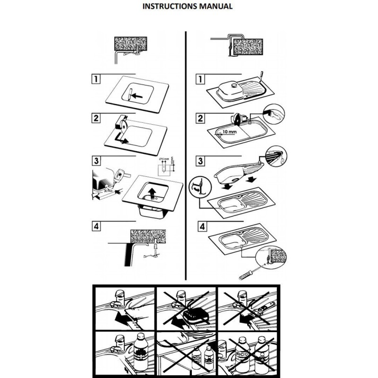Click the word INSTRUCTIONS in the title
169,7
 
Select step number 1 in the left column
96,78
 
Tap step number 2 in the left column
96,118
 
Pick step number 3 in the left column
96,161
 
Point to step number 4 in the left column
96,225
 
